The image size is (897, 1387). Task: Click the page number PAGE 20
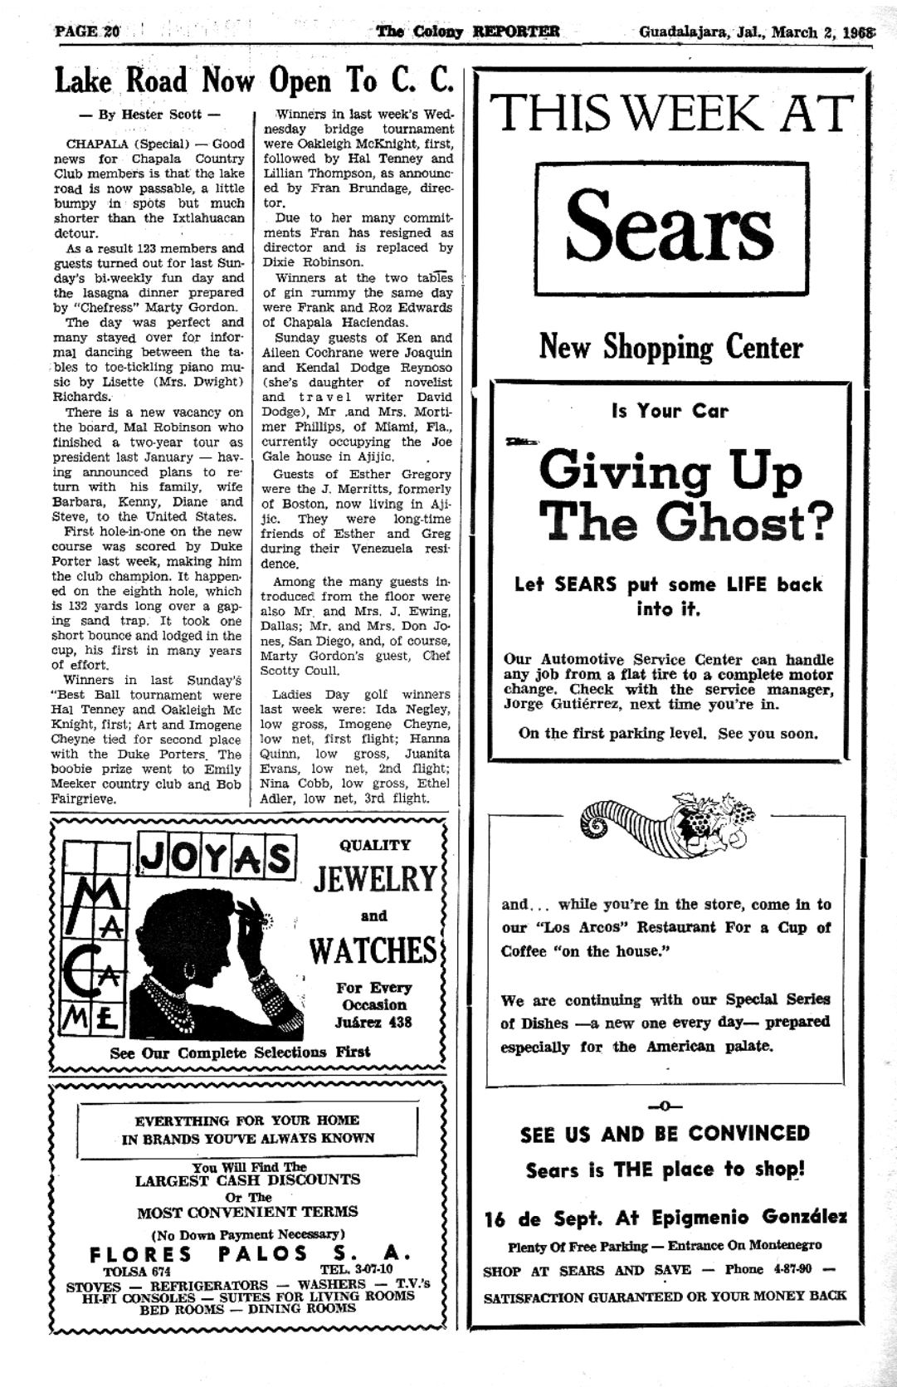click(x=87, y=32)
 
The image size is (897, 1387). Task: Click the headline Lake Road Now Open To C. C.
click(x=255, y=81)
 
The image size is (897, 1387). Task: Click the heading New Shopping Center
click(x=670, y=346)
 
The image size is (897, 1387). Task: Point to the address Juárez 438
click(x=373, y=1023)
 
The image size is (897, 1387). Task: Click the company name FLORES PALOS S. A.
click(x=249, y=1253)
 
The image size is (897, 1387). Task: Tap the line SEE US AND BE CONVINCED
click(x=665, y=1134)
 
